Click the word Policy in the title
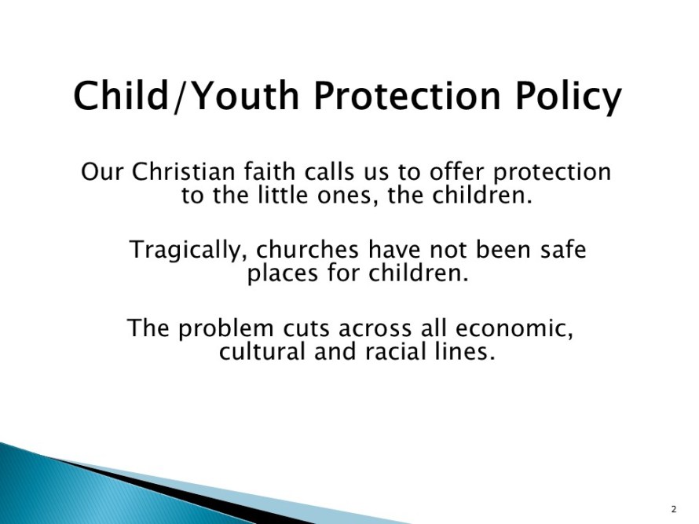(x=569, y=97)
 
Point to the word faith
(x=269, y=172)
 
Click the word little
(x=283, y=196)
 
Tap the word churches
(x=307, y=249)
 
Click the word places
(x=283, y=274)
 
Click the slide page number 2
(x=674, y=509)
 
